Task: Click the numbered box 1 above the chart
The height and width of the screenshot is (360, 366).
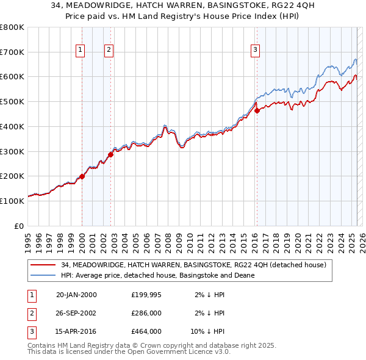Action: tap(80, 51)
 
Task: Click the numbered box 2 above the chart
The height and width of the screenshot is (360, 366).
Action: tap(109, 51)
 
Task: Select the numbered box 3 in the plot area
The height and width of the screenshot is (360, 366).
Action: tap(255, 51)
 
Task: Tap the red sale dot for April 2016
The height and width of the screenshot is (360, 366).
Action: tap(257, 110)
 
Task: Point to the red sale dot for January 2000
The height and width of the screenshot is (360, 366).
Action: tap(82, 176)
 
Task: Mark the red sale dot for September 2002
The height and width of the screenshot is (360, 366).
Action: tap(111, 154)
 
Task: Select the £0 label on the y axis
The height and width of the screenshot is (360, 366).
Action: tap(19, 226)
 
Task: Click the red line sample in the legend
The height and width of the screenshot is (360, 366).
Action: tap(43, 265)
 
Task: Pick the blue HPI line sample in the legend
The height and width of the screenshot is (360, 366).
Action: tap(43, 275)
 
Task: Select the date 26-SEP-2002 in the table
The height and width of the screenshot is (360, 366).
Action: tap(76, 313)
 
